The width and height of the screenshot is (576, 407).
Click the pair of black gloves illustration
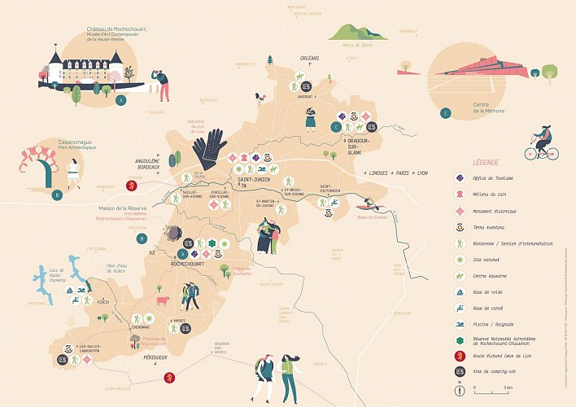pos(211,147)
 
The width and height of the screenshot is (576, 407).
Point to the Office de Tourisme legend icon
pos(460,177)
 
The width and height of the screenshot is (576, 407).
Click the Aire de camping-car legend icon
pos(460,371)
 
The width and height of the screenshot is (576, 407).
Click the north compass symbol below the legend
pos(460,388)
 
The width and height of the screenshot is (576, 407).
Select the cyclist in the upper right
pos(543,142)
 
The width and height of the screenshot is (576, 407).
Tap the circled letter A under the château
pos(121,101)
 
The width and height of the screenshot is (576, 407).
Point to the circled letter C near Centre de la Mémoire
pos(445,112)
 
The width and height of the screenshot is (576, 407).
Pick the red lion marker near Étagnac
pos(128,186)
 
